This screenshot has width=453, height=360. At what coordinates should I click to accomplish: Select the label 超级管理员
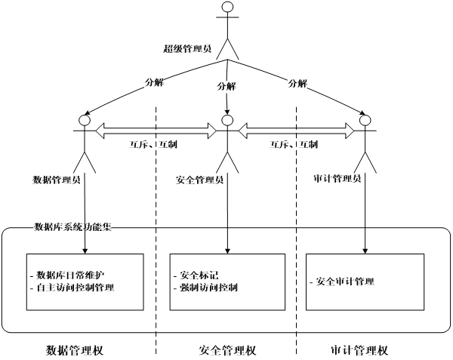click(187, 49)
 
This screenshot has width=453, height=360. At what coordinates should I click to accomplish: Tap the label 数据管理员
click(57, 180)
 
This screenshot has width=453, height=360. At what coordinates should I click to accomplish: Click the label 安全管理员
click(199, 180)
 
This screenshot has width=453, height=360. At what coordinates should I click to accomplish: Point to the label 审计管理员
click(337, 179)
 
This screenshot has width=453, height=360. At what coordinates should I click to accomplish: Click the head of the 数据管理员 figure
click(85, 120)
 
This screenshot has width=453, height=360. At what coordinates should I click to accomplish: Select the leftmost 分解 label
click(153, 83)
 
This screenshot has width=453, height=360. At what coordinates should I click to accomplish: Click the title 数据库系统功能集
click(73, 227)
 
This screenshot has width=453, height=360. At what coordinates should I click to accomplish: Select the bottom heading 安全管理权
click(228, 350)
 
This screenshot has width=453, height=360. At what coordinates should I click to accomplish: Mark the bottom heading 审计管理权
click(359, 350)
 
